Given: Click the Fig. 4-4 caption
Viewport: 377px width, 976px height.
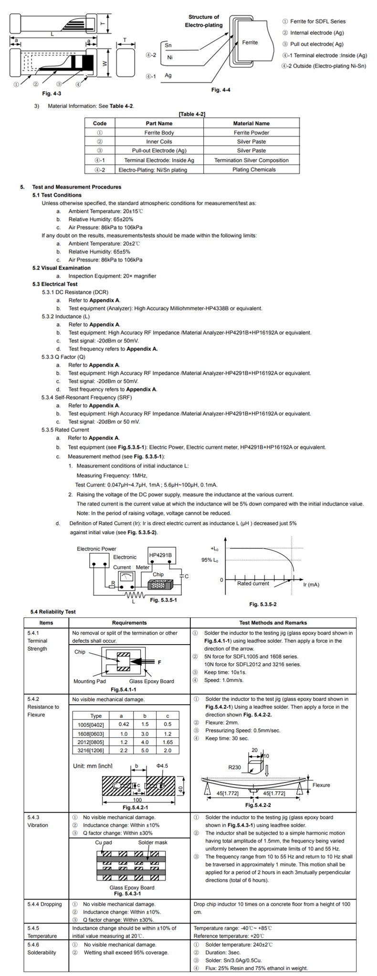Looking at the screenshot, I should (x=220, y=90).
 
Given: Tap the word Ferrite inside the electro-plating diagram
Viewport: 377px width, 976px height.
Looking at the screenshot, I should (x=250, y=42).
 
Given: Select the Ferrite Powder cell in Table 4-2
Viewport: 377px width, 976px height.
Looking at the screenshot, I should (x=251, y=133).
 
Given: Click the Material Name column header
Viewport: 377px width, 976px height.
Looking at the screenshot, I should (x=251, y=123).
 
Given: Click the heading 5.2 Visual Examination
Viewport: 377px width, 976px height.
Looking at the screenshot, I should (x=61, y=268).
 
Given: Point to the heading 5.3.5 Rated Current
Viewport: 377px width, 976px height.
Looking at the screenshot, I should (x=65, y=430).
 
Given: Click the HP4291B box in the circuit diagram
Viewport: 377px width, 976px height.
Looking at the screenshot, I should (x=160, y=555).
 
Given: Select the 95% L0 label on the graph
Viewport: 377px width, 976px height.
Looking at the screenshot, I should (x=210, y=560).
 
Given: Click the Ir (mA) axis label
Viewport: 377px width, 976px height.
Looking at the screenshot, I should (x=311, y=584).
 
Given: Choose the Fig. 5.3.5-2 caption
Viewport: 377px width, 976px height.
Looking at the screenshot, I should (x=262, y=605).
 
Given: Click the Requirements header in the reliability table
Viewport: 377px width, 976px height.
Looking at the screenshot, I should (x=129, y=623).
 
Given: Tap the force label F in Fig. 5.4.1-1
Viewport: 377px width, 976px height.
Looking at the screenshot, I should (x=159, y=662).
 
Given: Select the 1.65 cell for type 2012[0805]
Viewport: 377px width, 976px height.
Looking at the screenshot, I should (x=168, y=742).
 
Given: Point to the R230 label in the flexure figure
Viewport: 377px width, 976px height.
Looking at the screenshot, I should (x=234, y=767).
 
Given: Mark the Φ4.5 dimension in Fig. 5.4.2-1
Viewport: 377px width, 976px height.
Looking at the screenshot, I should (x=162, y=766).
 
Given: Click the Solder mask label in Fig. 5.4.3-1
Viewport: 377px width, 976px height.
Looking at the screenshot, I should (x=153, y=842).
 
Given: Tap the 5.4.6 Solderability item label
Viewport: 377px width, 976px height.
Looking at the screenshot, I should (x=42, y=948).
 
